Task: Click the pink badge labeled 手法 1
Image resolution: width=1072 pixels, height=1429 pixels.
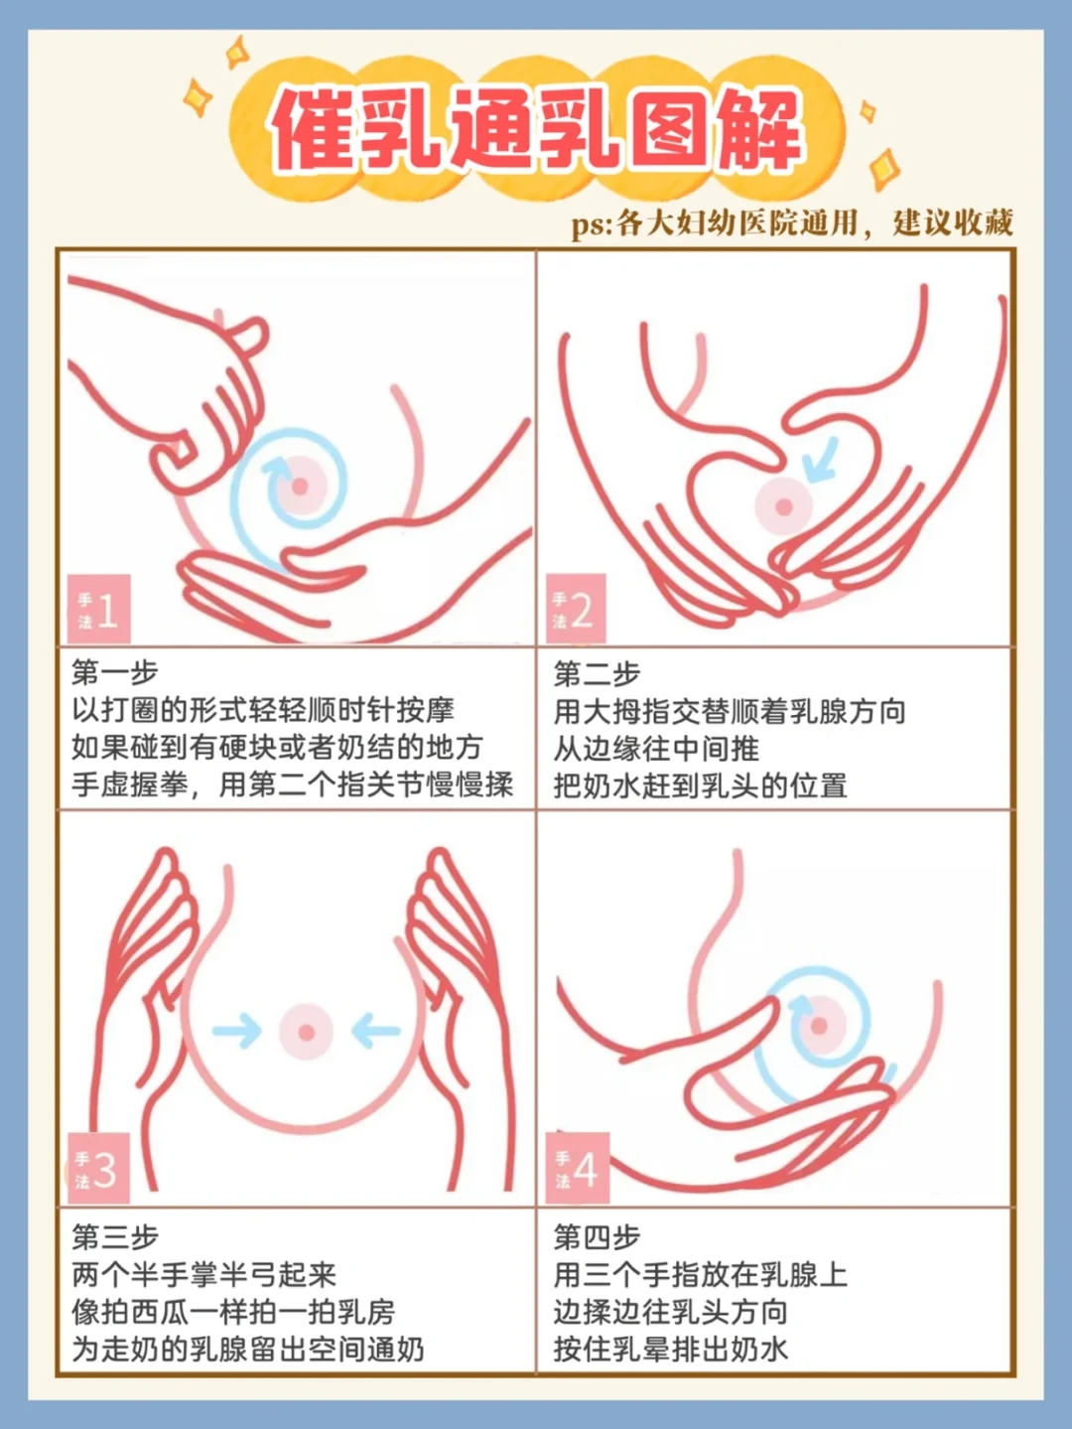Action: pos(99,609)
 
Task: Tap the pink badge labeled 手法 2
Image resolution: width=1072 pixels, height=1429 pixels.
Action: pos(576,609)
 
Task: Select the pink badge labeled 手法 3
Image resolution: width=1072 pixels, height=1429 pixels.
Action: pos(98,1169)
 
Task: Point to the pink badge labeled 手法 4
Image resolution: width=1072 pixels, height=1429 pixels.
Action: pos(578,1168)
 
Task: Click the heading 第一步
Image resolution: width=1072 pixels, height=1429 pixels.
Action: pos(115,672)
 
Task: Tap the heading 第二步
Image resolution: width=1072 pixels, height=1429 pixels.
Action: pos(598,674)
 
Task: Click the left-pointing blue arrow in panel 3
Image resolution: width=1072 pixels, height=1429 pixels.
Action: pos(375,1031)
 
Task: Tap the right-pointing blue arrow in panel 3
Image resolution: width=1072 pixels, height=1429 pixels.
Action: pos(237,1031)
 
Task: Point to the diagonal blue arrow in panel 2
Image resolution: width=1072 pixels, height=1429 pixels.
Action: pos(820,460)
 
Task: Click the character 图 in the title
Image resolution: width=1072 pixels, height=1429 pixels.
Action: pos(670,130)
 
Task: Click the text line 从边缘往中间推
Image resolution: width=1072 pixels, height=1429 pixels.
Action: pos(656,749)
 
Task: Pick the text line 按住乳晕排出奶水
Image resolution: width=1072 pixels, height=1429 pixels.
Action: pos(671,1349)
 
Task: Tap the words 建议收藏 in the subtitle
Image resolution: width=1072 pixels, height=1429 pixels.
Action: pos(953,222)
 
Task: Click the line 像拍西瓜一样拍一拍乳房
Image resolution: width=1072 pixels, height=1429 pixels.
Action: pos(233,1312)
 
